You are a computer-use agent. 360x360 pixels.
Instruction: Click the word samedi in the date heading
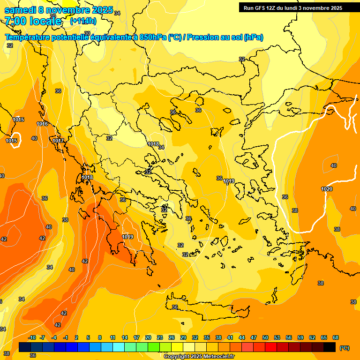23,10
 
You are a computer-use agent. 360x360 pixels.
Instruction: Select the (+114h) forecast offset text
83,21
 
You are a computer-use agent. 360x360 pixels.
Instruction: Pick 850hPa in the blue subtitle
153,37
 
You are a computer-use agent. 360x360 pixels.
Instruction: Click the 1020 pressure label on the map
327,189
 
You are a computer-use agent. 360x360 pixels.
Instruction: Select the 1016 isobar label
42,124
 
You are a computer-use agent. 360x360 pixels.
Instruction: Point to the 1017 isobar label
58,141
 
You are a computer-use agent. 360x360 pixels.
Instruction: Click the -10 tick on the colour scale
32,337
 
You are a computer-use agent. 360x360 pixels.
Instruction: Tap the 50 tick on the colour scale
265,337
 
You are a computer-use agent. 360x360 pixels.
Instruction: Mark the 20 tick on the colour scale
148,337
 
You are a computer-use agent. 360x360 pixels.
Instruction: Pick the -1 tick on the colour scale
66,337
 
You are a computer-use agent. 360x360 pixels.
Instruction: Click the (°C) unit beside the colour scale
345,348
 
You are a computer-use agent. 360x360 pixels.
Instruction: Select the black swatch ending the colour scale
330,347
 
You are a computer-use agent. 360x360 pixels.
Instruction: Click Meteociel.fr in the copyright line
217,357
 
